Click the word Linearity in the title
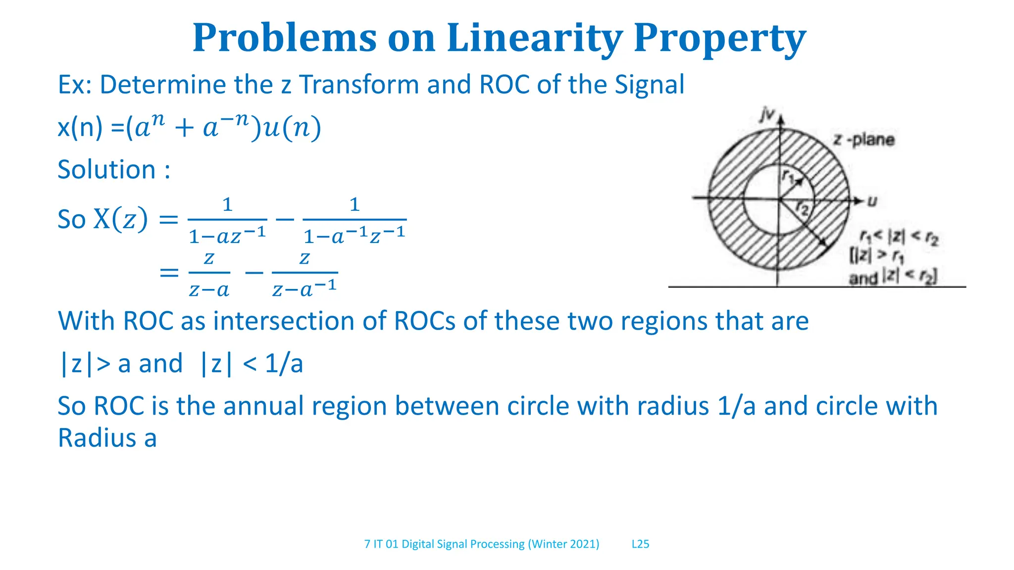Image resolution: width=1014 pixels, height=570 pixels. coord(534,38)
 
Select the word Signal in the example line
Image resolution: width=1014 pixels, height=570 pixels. coord(650,85)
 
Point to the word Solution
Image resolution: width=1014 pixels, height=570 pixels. coord(107,170)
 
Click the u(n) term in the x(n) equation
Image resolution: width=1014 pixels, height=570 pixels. coord(292,128)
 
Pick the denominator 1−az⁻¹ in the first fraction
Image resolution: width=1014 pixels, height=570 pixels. coord(227,236)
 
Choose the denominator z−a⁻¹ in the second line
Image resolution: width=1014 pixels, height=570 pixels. coord(304,288)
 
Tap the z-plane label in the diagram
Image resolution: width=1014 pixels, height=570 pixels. coord(864,140)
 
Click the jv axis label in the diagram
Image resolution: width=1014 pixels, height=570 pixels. coord(767,115)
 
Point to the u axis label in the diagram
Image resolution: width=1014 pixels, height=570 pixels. coord(872,201)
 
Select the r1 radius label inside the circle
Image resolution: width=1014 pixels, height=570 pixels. coord(788,176)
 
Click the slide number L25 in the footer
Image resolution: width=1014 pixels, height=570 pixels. coord(640,544)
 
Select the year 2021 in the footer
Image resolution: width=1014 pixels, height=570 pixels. coord(583,544)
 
